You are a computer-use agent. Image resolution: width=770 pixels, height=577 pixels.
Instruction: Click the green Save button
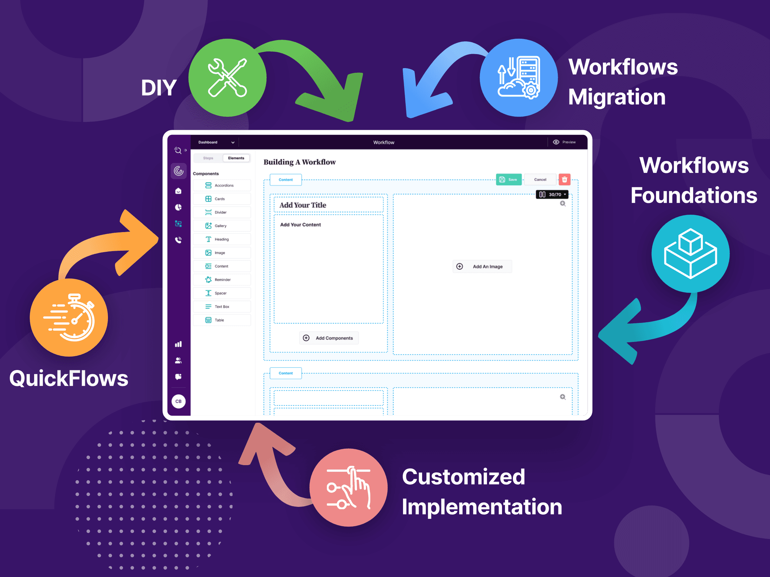508,179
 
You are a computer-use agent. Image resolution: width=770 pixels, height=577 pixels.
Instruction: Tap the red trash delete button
564,179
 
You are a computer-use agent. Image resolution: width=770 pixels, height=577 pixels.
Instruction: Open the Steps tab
208,158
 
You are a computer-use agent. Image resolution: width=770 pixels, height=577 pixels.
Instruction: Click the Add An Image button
482,266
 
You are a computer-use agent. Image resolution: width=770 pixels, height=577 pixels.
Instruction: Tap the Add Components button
329,338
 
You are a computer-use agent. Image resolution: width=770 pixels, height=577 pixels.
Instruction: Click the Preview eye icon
556,142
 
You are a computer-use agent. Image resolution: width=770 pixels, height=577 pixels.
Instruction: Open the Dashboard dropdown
216,142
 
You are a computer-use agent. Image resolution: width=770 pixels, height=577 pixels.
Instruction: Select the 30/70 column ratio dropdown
552,194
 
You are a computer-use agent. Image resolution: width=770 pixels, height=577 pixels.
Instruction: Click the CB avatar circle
178,401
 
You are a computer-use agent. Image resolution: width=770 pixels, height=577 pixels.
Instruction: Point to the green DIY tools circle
227,77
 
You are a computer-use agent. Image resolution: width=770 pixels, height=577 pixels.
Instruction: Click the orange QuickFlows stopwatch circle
69,318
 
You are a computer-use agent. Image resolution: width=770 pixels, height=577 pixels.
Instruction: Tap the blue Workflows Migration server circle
518,77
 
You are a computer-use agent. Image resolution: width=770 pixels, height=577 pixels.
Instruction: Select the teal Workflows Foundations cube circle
690,253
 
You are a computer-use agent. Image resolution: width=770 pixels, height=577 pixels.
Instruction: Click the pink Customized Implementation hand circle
349,487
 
